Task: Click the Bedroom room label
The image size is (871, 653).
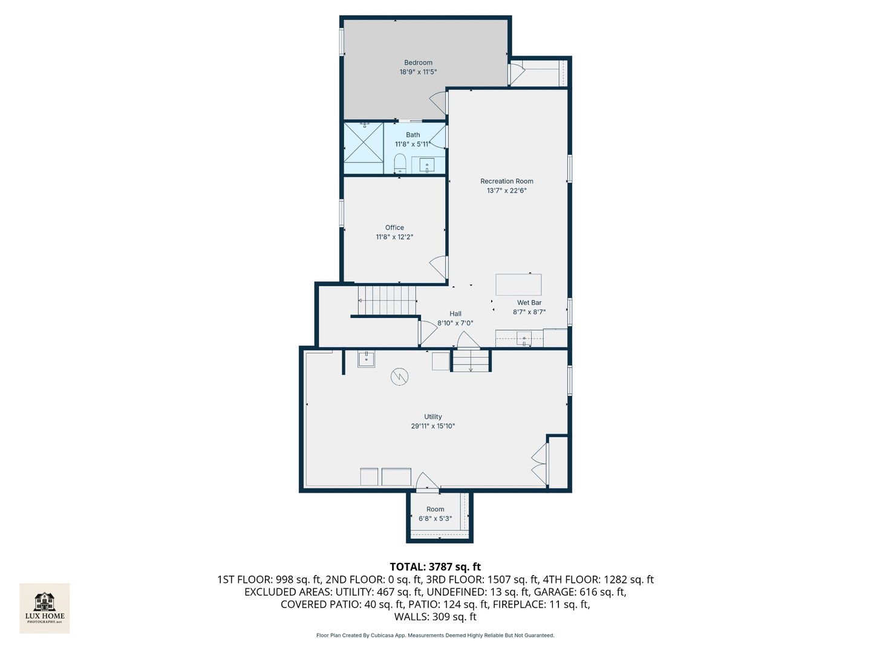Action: [x=418, y=63]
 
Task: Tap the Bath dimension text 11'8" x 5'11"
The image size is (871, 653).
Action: [x=413, y=145]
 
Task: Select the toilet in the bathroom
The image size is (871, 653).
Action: [x=400, y=163]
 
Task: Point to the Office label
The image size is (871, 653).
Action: [x=394, y=227]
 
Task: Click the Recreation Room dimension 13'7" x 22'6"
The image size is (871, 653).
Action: [x=507, y=190]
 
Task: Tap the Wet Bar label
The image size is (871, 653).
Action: [x=529, y=302]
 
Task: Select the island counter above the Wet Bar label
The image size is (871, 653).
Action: [x=518, y=285]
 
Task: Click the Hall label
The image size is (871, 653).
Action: [x=455, y=314]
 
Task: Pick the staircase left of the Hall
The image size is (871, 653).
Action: [x=387, y=301]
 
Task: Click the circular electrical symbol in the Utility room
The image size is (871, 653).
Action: [x=399, y=377]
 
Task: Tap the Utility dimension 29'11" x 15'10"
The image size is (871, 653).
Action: [x=432, y=426]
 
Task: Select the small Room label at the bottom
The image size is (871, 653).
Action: [x=435, y=509]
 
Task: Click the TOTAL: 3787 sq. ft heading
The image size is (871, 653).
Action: [x=435, y=567]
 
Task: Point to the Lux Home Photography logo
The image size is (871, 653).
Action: [x=44, y=608]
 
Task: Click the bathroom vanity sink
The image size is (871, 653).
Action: [x=426, y=165]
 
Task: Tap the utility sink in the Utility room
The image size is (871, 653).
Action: [x=366, y=359]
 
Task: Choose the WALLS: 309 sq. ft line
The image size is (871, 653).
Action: [x=435, y=617]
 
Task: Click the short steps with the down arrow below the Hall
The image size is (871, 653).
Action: [x=471, y=361]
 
